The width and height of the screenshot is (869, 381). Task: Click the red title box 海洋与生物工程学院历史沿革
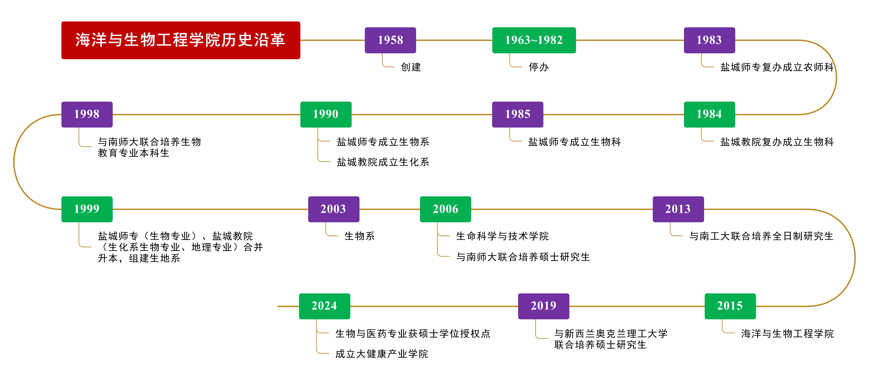[x=180, y=40]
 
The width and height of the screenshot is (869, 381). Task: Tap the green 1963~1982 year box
[x=534, y=40]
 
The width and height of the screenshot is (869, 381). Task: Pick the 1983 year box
[x=709, y=40]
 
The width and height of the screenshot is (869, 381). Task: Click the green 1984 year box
[x=709, y=114]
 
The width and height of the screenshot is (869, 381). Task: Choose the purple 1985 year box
[x=518, y=114]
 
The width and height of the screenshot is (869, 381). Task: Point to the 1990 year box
[x=326, y=114]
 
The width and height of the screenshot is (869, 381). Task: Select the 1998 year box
[x=87, y=114]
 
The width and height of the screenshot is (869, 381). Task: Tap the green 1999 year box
[x=87, y=209]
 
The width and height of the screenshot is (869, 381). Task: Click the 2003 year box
[x=333, y=209]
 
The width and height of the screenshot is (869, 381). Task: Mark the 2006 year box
[x=445, y=209]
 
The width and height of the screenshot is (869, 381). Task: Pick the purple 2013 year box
[x=678, y=209]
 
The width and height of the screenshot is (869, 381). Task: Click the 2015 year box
[x=730, y=306]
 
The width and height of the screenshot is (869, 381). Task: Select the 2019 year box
[x=543, y=306]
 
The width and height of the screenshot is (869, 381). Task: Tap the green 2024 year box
[x=324, y=306]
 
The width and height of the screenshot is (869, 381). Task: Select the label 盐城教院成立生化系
[x=383, y=162]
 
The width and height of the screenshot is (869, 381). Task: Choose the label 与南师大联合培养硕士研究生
[x=523, y=257]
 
